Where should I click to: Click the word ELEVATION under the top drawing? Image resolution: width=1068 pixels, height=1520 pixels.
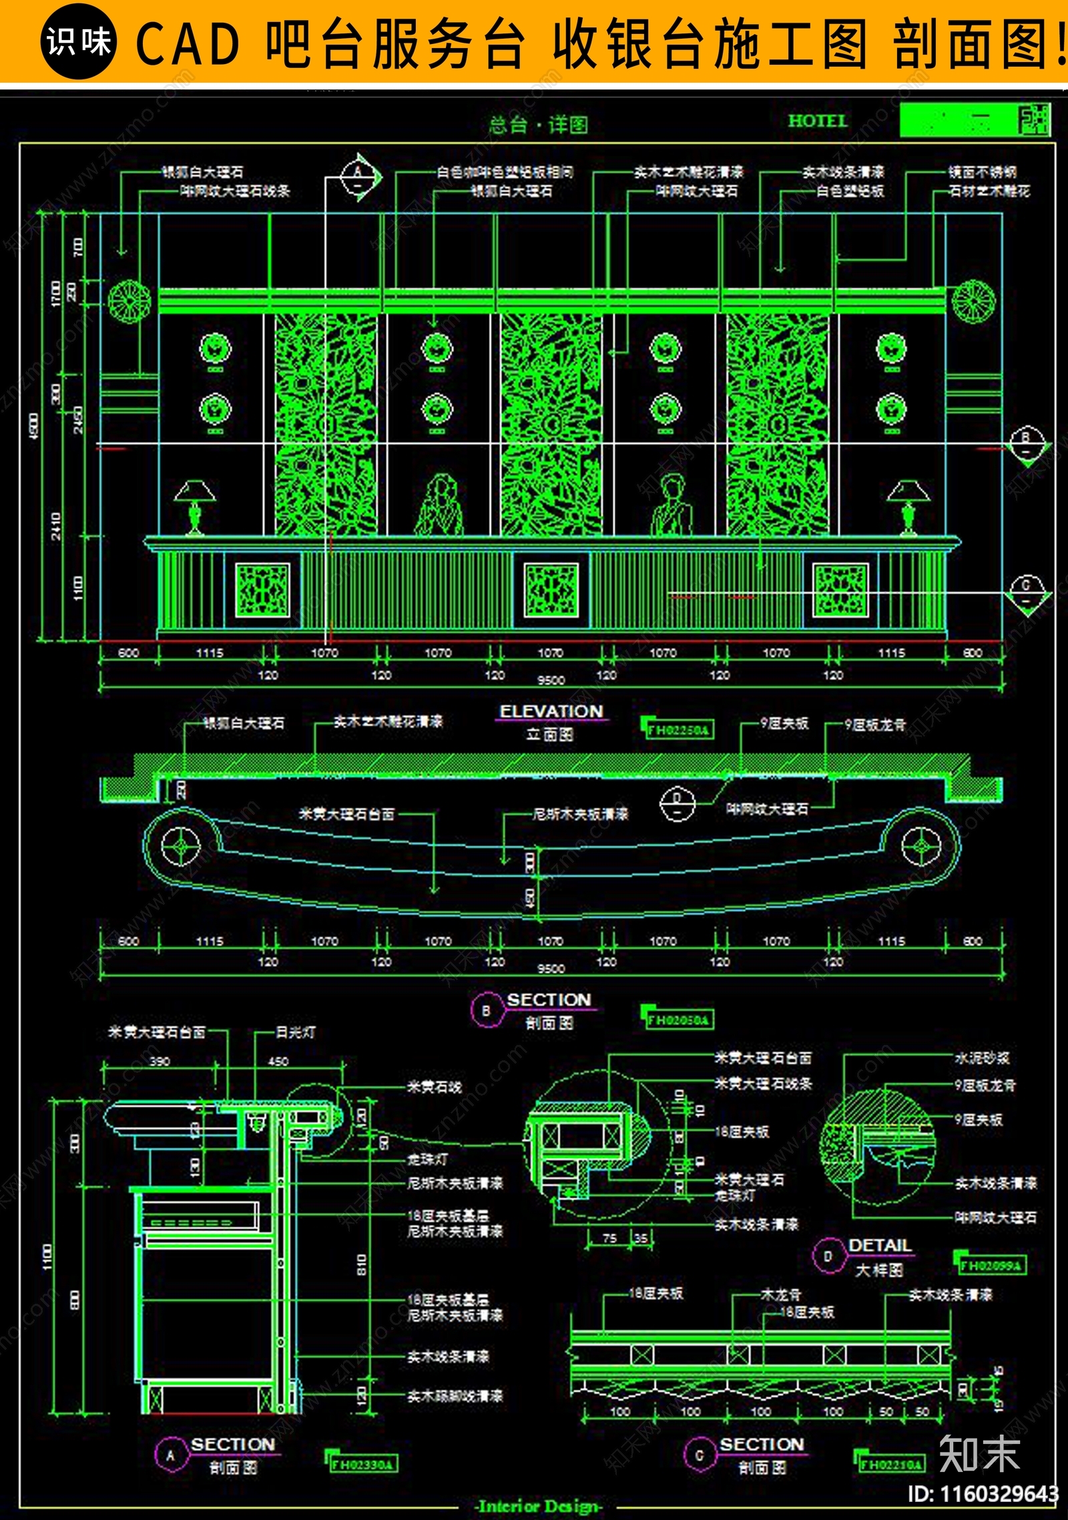(551, 711)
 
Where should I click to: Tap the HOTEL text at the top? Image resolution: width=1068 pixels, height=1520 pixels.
(817, 121)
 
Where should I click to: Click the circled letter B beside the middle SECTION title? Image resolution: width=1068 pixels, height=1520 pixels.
(486, 1010)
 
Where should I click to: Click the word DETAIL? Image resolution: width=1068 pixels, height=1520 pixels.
(880, 1245)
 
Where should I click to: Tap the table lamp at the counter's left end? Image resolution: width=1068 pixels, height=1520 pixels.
(194, 507)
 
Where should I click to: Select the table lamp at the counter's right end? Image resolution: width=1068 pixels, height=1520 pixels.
(908, 507)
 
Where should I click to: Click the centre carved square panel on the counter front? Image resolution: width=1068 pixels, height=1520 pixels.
(551, 590)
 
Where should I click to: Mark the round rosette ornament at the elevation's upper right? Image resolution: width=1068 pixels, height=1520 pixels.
(973, 302)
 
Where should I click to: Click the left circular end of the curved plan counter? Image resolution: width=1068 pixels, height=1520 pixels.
(181, 846)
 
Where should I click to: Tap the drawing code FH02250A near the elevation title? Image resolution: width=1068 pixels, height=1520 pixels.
(678, 729)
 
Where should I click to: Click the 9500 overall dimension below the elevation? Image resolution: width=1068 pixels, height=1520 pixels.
(551, 680)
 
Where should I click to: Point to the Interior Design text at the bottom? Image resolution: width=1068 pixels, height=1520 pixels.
(539, 1506)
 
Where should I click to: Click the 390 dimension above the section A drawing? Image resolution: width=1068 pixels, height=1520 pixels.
(160, 1061)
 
